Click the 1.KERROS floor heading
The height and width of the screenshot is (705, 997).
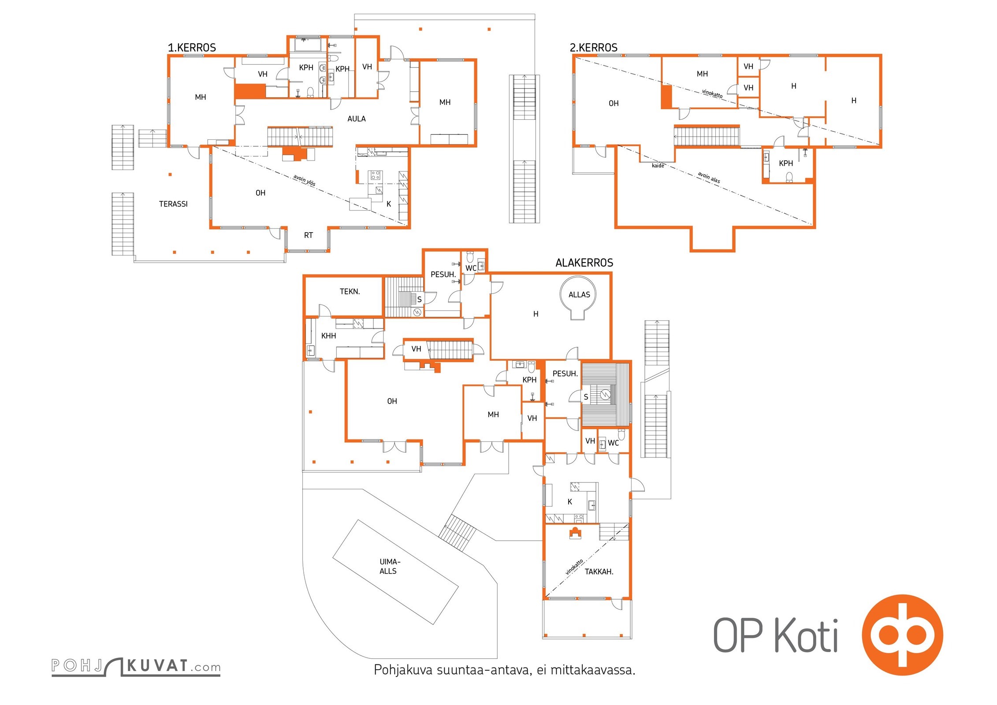[192, 48]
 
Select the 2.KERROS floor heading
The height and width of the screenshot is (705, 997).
[593, 48]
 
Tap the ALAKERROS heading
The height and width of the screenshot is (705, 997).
[584, 263]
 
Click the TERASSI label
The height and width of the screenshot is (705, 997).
[173, 204]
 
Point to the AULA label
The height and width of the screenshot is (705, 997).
[356, 119]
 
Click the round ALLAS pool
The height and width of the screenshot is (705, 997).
[578, 297]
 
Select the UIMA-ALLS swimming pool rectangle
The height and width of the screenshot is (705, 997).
[395, 572]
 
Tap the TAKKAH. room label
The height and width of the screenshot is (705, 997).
[599, 571]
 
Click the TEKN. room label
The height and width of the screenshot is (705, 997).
[350, 291]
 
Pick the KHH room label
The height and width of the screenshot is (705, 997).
[328, 336]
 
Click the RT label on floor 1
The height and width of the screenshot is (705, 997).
[308, 235]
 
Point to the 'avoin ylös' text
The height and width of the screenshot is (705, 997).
[305, 180]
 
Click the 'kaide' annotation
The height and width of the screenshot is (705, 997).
[658, 166]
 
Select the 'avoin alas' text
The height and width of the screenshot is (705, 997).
[709, 178]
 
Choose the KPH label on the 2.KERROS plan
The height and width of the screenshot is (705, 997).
[785, 163]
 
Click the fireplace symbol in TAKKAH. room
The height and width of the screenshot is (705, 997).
[575, 533]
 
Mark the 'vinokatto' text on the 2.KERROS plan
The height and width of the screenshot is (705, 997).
[712, 94]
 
